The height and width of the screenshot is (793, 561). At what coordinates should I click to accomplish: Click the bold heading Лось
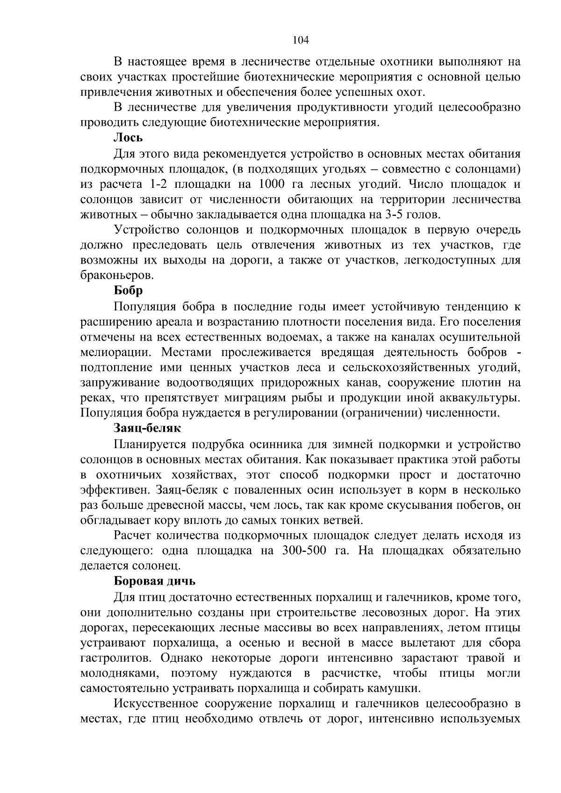pos(128,138)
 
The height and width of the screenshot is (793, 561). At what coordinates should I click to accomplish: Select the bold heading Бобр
pos(128,291)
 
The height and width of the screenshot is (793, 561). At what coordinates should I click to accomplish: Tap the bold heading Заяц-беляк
pos(147,428)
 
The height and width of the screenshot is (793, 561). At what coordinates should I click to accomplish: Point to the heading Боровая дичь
pos(154,581)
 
